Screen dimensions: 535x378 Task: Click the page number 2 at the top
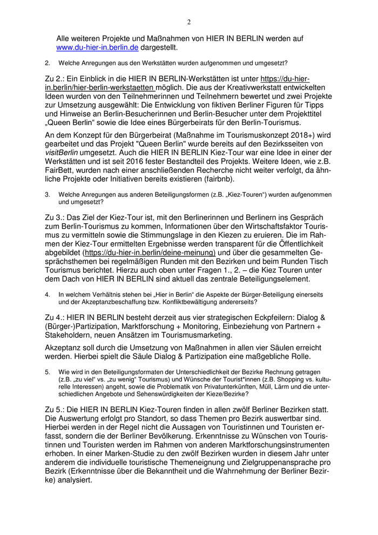tap(189, 22)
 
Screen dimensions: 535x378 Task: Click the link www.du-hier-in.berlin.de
tap(97, 48)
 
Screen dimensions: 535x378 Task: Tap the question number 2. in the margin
tap(48, 63)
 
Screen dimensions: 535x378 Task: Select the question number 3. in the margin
tap(48, 195)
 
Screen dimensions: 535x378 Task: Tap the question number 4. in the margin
tap(48, 295)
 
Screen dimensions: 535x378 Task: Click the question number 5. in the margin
tap(48, 372)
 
